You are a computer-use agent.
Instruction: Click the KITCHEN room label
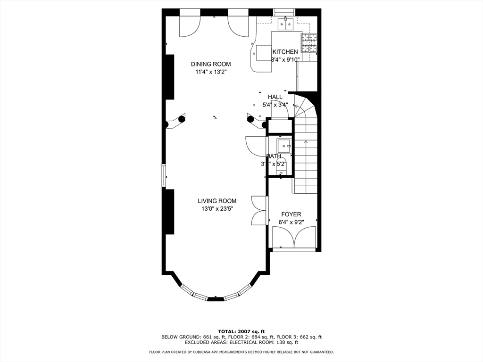coord(285,52)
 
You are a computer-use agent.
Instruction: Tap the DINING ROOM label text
coord(211,64)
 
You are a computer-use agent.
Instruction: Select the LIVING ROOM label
coord(217,201)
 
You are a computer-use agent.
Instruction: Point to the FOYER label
coord(291,214)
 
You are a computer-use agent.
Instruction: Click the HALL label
coord(275,97)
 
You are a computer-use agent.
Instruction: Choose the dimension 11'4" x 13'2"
coord(211,72)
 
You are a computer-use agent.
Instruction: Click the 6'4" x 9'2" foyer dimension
coord(291,222)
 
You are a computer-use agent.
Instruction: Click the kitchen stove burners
coord(309,43)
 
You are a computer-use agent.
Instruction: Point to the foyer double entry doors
coord(294,237)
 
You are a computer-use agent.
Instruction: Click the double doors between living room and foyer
coord(259,210)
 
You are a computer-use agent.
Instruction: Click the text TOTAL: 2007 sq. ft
coord(241,331)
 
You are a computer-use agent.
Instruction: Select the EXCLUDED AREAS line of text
coord(241,343)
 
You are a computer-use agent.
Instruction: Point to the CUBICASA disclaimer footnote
coord(241,352)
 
